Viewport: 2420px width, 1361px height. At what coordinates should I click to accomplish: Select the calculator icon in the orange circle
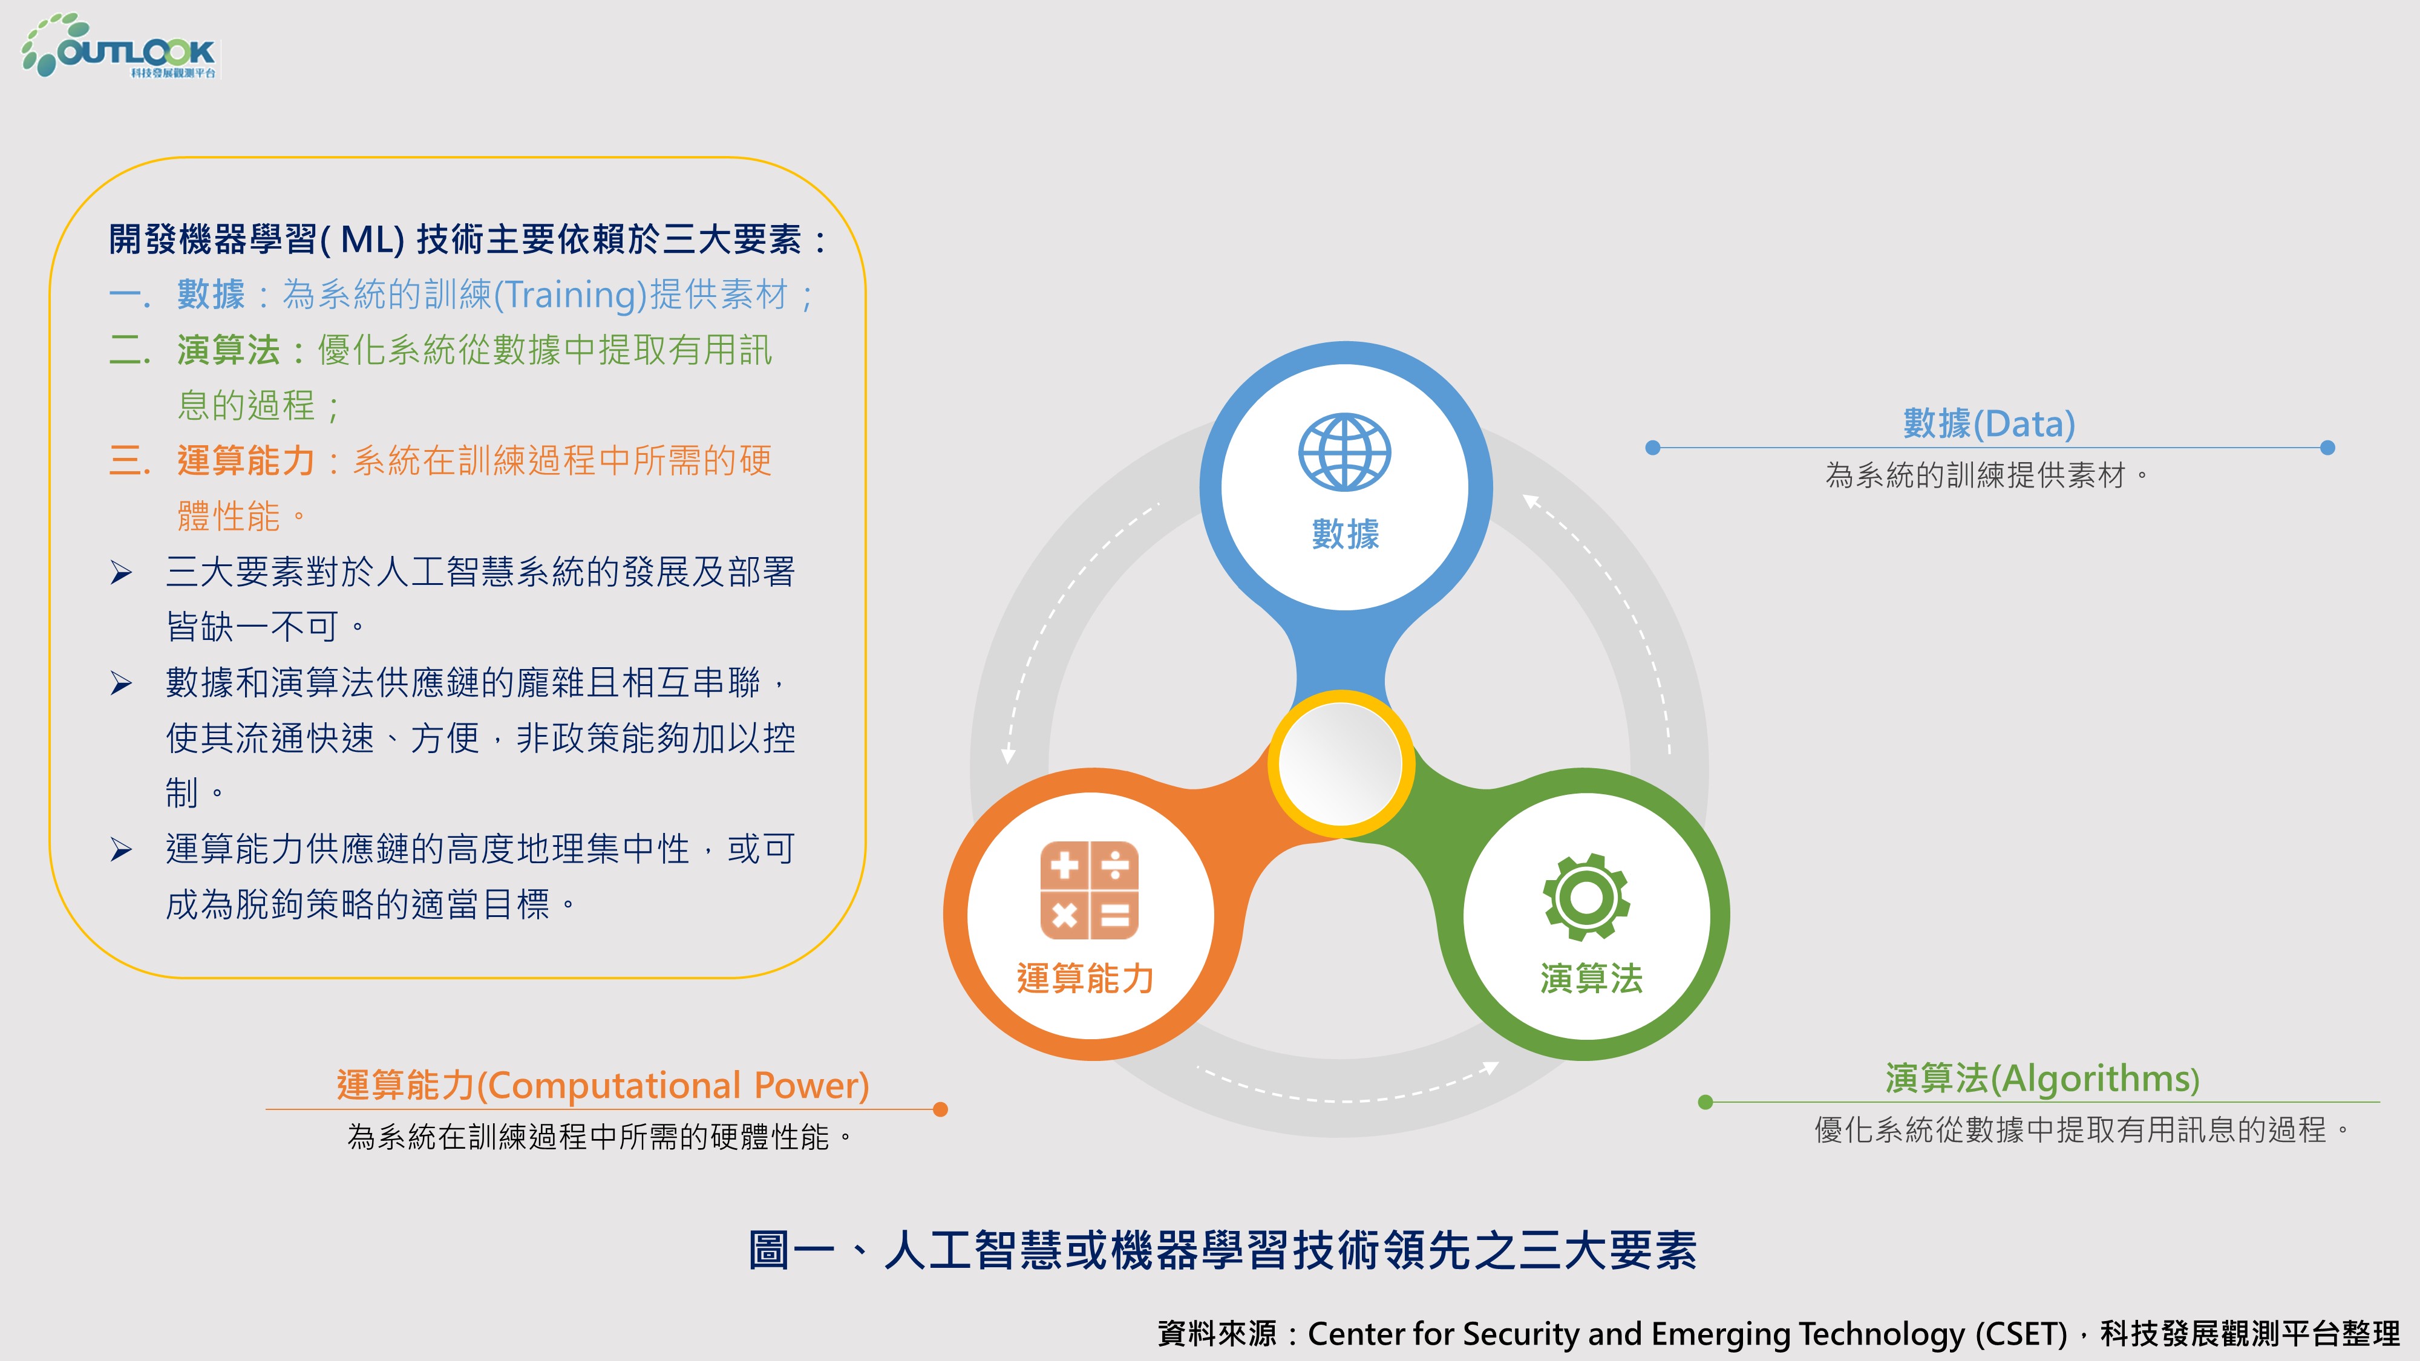point(1089,890)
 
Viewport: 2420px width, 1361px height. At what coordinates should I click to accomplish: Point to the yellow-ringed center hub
point(1341,763)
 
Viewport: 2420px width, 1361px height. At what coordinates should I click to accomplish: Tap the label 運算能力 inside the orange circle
point(1085,978)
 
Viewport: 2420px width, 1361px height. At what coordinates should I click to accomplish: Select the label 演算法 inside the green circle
point(1591,978)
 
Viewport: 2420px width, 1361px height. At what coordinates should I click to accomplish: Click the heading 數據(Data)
point(1989,423)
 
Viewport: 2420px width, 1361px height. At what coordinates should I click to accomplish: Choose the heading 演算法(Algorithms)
point(2042,1079)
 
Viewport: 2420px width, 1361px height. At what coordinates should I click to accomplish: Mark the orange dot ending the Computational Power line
point(940,1109)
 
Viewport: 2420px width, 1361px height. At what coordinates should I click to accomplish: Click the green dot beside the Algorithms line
point(1705,1102)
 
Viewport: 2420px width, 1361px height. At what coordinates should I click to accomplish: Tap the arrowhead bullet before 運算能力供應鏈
point(121,849)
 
